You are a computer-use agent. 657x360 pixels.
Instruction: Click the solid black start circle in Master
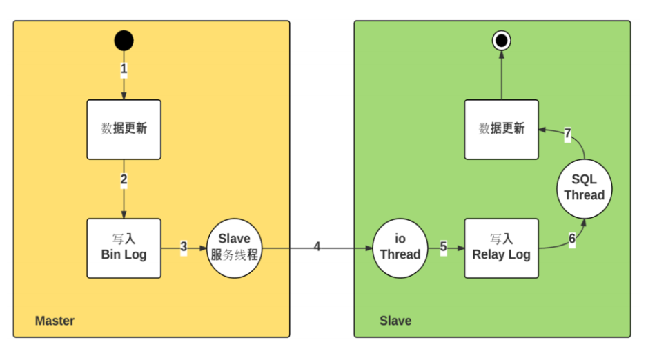tap(124, 41)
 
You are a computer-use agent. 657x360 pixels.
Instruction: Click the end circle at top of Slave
tap(501, 41)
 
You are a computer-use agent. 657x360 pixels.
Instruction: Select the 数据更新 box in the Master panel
tap(124, 129)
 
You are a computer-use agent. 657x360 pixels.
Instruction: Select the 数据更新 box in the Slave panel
tap(501, 129)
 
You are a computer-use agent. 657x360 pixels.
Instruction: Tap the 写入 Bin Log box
tap(124, 248)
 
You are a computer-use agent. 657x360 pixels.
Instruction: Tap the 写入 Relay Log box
tap(501, 248)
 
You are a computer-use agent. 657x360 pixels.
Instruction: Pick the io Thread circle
tap(400, 248)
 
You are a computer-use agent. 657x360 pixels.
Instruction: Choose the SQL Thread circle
tap(584, 188)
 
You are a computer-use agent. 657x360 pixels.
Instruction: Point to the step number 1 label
tap(124, 69)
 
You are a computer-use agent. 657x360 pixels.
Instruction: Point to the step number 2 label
tap(124, 181)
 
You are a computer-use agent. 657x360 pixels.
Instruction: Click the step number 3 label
tap(184, 247)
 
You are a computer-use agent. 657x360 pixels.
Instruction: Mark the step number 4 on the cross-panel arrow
tap(317, 247)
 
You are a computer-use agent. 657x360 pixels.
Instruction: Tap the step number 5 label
tap(443, 247)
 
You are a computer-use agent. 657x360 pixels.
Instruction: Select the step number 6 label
tap(572, 239)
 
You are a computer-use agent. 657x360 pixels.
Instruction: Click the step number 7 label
tap(567, 134)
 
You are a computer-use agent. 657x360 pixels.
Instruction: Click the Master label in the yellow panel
tap(55, 321)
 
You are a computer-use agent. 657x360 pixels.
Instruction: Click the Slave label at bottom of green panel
tap(395, 321)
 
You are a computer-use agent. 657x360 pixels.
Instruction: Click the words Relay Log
tap(501, 254)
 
